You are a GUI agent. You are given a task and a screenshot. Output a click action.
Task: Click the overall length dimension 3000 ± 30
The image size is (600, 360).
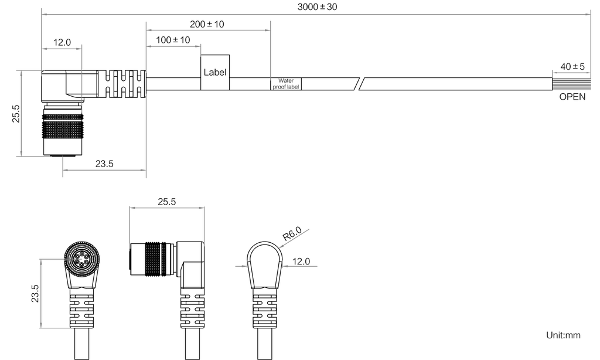[x=318, y=7]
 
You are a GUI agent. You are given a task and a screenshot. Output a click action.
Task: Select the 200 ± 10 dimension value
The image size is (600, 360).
[x=207, y=25]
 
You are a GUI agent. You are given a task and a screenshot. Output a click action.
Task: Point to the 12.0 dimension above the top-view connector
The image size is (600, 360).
[x=62, y=42]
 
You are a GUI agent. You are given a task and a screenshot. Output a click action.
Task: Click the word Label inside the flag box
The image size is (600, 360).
[x=215, y=73]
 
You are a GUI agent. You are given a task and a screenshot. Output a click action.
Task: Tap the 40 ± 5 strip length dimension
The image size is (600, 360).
[x=571, y=67]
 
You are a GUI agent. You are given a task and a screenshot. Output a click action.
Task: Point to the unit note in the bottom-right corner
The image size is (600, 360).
[x=563, y=336]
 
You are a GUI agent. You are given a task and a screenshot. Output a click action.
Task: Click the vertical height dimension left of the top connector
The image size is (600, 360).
[x=16, y=113]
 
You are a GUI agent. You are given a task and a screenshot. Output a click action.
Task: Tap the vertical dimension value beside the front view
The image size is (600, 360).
[x=35, y=293]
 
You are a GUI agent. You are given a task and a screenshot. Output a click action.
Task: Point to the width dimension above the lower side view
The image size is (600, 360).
[x=168, y=202]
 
